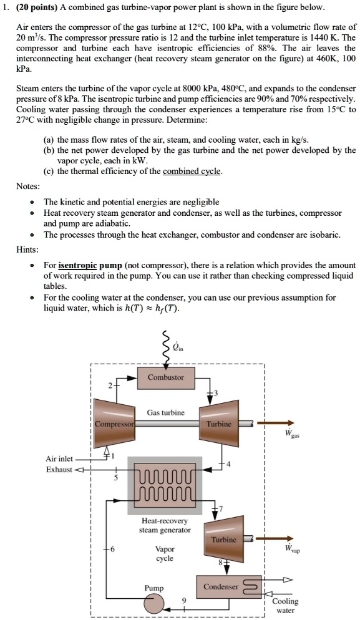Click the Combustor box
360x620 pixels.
(x=165, y=377)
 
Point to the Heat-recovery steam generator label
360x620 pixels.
(x=165, y=525)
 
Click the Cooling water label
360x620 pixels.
(x=285, y=606)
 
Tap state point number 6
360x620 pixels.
(x=113, y=550)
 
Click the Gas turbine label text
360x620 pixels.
(x=165, y=412)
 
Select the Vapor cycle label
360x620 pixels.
(x=165, y=554)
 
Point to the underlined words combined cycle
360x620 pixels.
(x=192, y=172)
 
